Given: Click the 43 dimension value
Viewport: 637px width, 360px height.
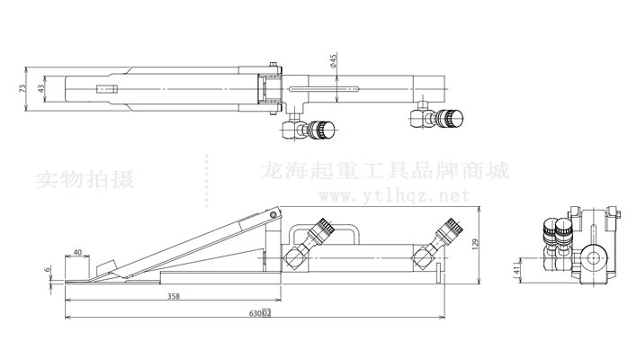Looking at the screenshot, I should tap(42, 89).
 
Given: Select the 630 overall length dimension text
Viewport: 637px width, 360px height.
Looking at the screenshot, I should tap(260, 314).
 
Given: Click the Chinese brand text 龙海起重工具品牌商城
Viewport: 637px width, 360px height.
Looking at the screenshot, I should tap(383, 170).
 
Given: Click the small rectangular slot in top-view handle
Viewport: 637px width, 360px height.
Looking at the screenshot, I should tap(108, 89).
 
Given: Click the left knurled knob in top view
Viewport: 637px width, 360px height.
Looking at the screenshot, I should tap(318, 130).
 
